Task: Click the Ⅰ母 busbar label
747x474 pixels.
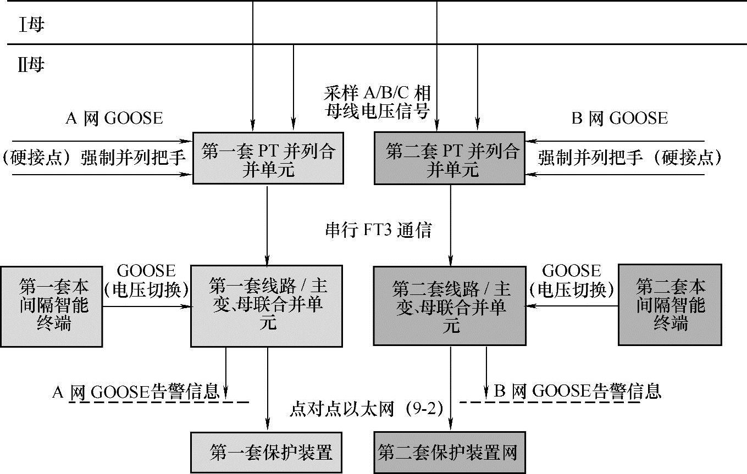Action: point(31,26)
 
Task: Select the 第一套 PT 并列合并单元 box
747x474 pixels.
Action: point(268,158)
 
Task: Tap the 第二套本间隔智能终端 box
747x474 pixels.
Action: point(671,305)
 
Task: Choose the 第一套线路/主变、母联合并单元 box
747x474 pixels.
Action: point(267,305)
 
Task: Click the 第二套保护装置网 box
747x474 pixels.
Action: point(449,454)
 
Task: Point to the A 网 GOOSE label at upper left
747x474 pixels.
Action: point(114,118)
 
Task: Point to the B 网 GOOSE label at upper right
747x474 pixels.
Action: point(619,118)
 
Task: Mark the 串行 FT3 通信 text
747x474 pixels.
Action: point(378,230)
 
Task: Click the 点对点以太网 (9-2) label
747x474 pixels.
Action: point(366,409)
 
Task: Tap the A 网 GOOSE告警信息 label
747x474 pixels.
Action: point(136,391)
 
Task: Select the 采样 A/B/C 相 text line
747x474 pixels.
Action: point(377,92)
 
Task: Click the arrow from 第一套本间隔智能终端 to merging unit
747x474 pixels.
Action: point(146,306)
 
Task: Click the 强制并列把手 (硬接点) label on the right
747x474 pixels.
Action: point(629,158)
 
